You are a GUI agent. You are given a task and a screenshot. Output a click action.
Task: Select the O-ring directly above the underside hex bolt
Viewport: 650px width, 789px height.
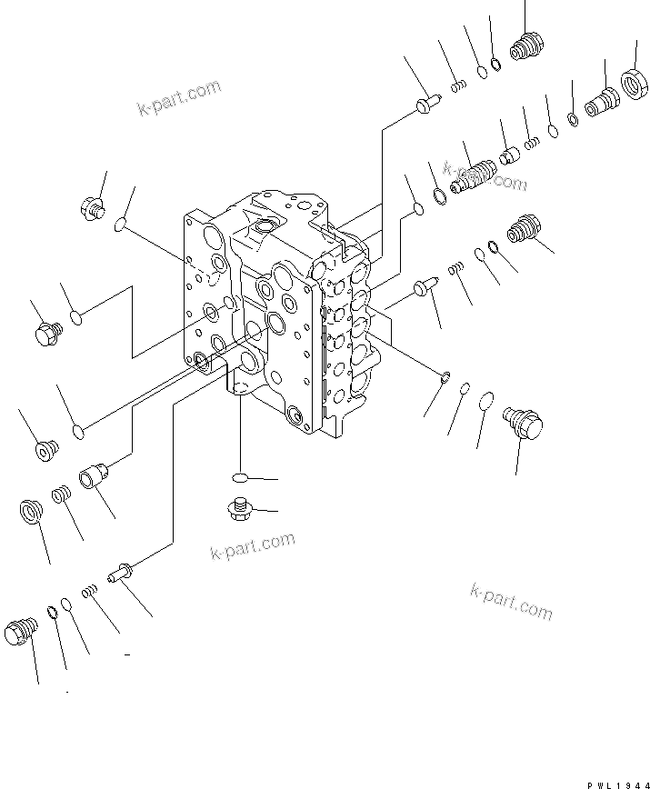[240, 477]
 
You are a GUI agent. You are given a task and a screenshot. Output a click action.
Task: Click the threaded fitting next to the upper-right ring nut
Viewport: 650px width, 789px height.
[601, 98]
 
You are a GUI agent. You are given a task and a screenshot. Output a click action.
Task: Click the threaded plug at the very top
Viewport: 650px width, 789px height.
[525, 45]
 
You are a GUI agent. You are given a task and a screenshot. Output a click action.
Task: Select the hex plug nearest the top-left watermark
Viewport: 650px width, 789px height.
[91, 208]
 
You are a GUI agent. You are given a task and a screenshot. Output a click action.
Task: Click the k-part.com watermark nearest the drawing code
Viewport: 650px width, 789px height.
[511, 603]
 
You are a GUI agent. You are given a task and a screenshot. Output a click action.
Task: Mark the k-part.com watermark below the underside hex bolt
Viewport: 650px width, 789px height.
[252, 548]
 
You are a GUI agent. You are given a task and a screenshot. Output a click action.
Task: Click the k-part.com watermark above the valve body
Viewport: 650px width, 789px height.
[179, 99]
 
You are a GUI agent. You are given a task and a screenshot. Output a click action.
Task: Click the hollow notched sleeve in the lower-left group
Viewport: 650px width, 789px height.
[96, 475]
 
